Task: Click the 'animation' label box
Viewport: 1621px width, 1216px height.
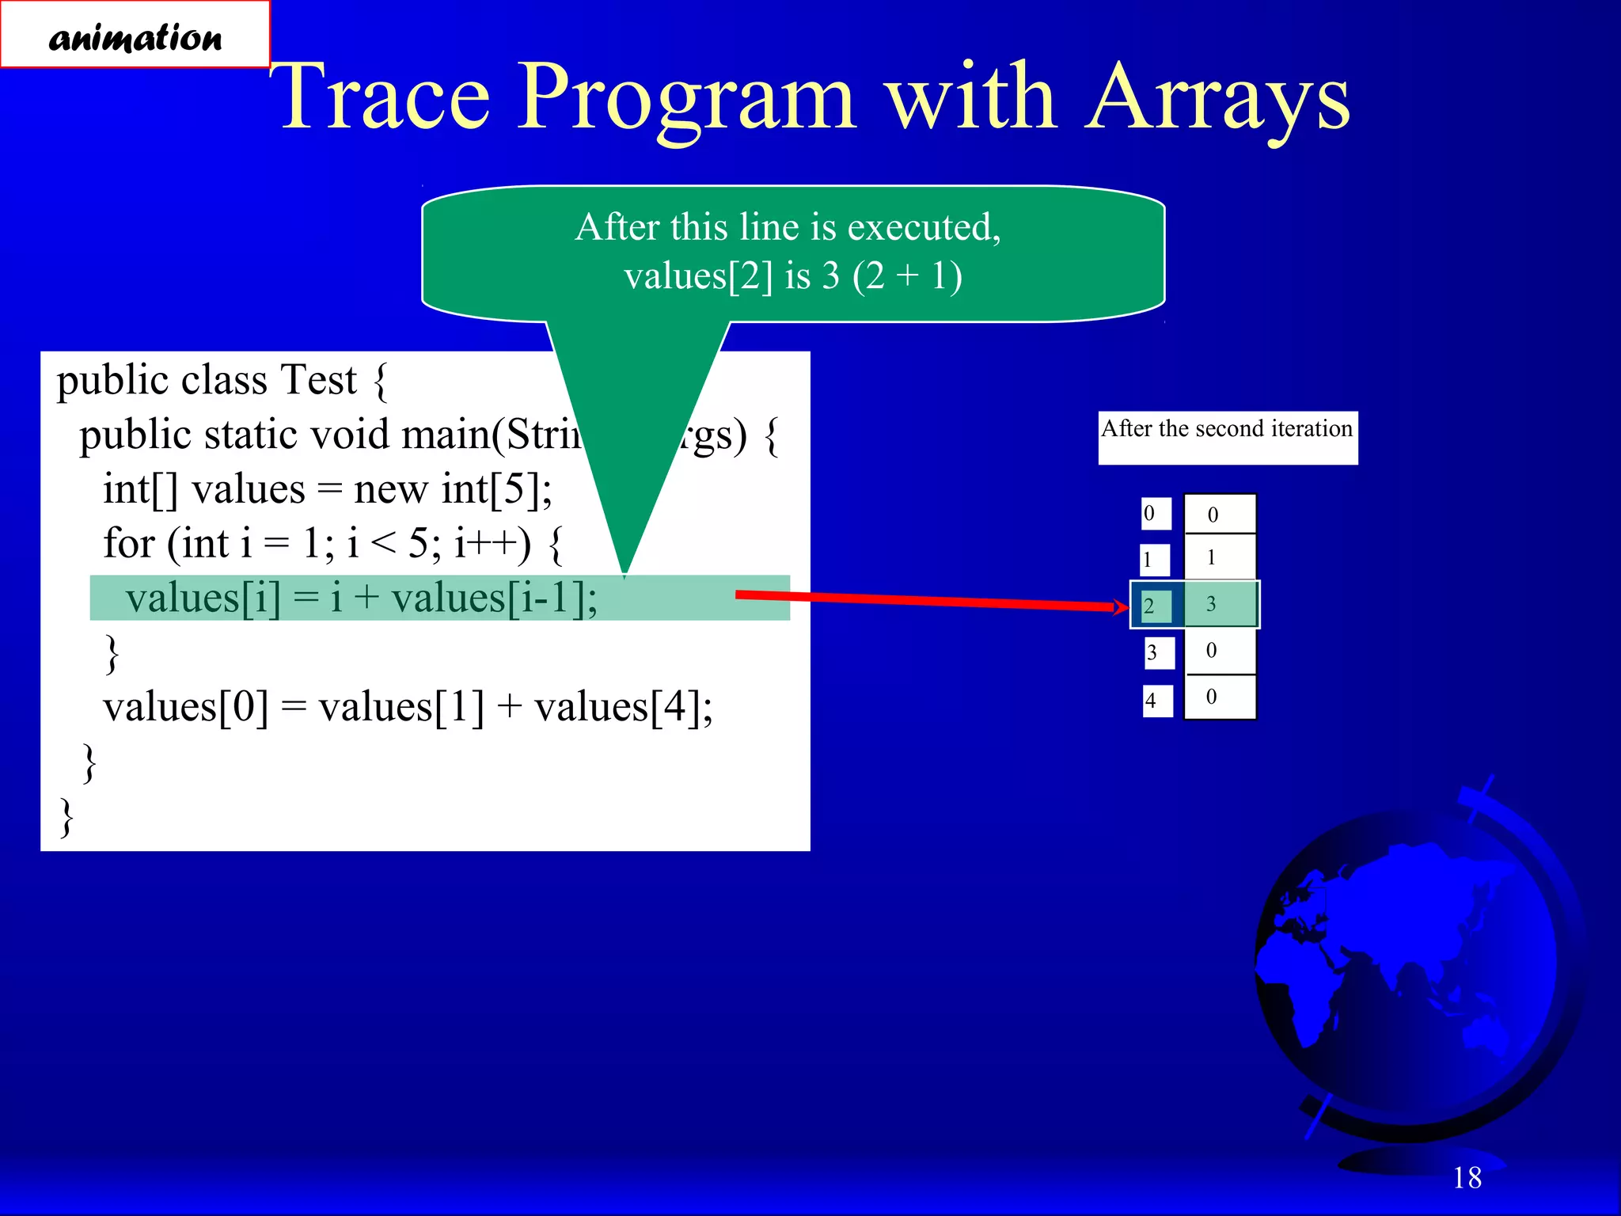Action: [x=135, y=36]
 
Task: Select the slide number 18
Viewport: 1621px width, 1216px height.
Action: [x=1467, y=1177]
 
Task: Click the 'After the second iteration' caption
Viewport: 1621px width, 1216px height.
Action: [x=1227, y=430]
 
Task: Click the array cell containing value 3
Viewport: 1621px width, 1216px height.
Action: [x=1219, y=604]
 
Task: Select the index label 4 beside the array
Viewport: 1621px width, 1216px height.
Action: [x=1156, y=701]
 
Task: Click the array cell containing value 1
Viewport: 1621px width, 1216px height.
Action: [x=1219, y=558]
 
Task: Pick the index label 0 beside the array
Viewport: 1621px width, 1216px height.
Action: [x=1155, y=514]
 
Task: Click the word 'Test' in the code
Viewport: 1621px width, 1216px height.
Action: [x=318, y=381]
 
